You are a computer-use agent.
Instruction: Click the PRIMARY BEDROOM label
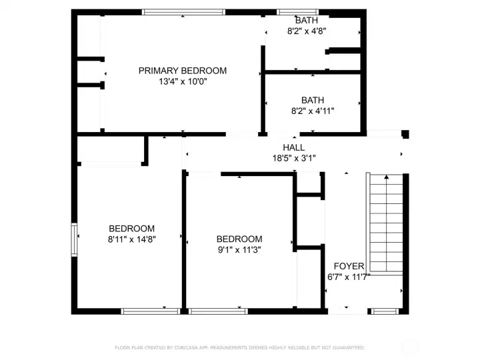coord(182,71)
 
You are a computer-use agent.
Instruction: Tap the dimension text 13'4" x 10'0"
coord(182,82)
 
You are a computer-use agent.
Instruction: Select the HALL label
coord(293,147)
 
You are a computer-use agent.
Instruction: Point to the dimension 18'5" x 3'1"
coord(293,158)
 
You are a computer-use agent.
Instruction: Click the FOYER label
coord(349,266)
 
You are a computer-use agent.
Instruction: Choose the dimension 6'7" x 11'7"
coord(349,277)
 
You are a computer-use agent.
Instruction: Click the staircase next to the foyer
coord(386,223)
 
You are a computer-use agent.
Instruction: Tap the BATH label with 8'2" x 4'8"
coord(307,20)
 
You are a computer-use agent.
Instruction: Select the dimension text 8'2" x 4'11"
coord(312,111)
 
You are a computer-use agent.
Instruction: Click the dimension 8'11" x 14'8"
coord(132,239)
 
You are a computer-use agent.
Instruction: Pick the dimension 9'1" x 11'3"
coord(239,250)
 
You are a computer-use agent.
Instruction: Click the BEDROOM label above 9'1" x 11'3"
coord(239,239)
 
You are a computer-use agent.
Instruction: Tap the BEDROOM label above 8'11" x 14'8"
coord(132,228)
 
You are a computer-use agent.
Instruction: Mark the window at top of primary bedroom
coord(184,12)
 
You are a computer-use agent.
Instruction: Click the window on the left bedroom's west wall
coord(75,239)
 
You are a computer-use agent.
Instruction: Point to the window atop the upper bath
coord(298,12)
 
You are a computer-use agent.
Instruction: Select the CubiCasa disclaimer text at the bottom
coord(240,347)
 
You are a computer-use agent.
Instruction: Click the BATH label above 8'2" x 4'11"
coord(312,100)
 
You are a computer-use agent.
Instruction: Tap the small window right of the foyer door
coord(382,311)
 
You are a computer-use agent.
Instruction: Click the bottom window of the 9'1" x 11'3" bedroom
coord(218,311)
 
